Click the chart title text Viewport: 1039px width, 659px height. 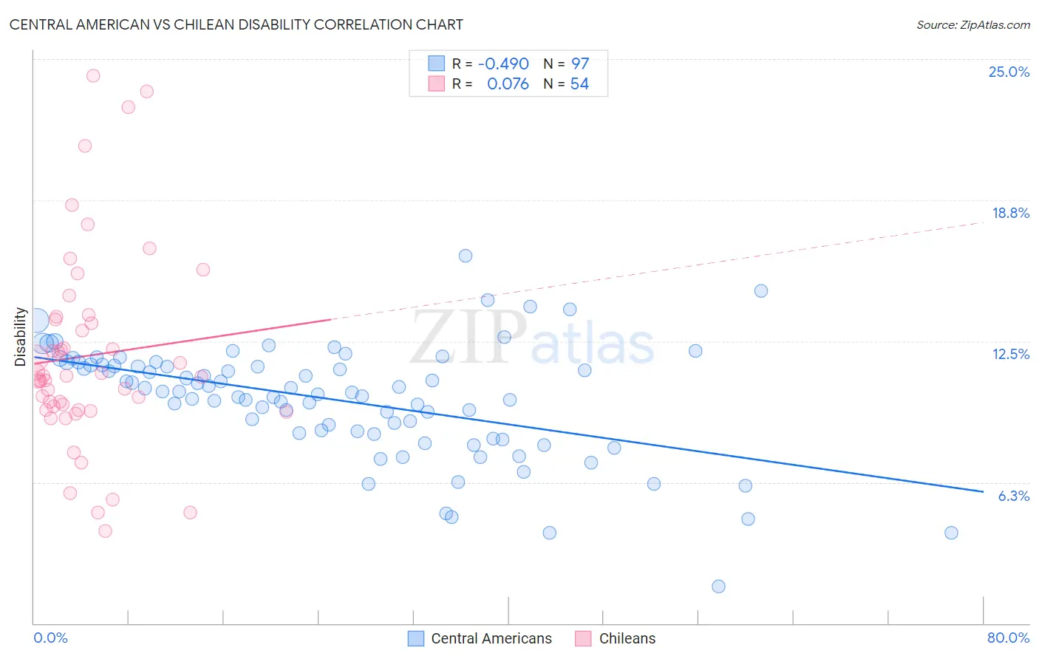click(x=236, y=24)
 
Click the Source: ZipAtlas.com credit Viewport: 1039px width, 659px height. click(x=972, y=24)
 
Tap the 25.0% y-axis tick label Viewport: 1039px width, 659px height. click(x=1009, y=72)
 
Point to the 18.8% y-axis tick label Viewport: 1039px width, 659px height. click(x=1010, y=213)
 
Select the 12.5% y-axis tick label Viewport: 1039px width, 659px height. click(x=1010, y=354)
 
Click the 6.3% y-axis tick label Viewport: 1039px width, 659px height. click(x=1013, y=496)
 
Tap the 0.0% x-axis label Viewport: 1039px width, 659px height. click(x=50, y=638)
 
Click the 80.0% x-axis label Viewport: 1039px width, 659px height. click(x=1008, y=638)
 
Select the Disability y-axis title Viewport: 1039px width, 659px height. click(x=21, y=337)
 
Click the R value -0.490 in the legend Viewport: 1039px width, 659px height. click(x=503, y=64)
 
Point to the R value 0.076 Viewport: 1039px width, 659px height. click(x=508, y=84)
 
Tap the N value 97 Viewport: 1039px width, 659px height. click(x=580, y=64)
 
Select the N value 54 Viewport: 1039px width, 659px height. click(x=579, y=84)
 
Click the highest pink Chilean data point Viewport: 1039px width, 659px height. click(x=93, y=75)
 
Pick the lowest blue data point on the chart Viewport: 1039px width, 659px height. click(x=718, y=587)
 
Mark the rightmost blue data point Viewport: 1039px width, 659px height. click(x=951, y=533)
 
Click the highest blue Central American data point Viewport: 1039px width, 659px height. click(x=466, y=256)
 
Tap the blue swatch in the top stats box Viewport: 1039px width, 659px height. click(x=437, y=64)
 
